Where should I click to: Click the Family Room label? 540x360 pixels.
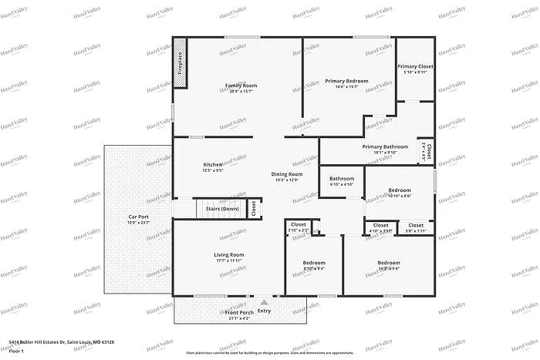coord(241,86)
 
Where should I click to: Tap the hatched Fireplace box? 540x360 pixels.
coord(179,62)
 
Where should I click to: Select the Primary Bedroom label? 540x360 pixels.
coord(346,81)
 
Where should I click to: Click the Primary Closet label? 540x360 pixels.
coord(415,67)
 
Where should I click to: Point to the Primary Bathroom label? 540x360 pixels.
coord(385,146)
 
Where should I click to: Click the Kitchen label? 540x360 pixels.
coord(213,165)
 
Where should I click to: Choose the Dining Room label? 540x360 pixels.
coord(286,174)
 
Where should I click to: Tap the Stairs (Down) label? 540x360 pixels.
coord(221,209)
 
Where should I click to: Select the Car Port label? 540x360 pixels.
coord(138,217)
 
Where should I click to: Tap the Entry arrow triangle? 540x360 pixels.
coord(264,302)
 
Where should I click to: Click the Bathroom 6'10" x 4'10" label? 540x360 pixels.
coord(342,179)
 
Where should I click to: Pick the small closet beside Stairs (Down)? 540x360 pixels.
coord(254,209)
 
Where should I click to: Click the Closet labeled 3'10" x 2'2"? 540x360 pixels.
coord(299,225)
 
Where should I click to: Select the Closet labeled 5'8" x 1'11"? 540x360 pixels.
coord(416,226)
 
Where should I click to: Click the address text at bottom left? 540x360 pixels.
coord(62,341)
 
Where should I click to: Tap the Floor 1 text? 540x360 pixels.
coord(17,351)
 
